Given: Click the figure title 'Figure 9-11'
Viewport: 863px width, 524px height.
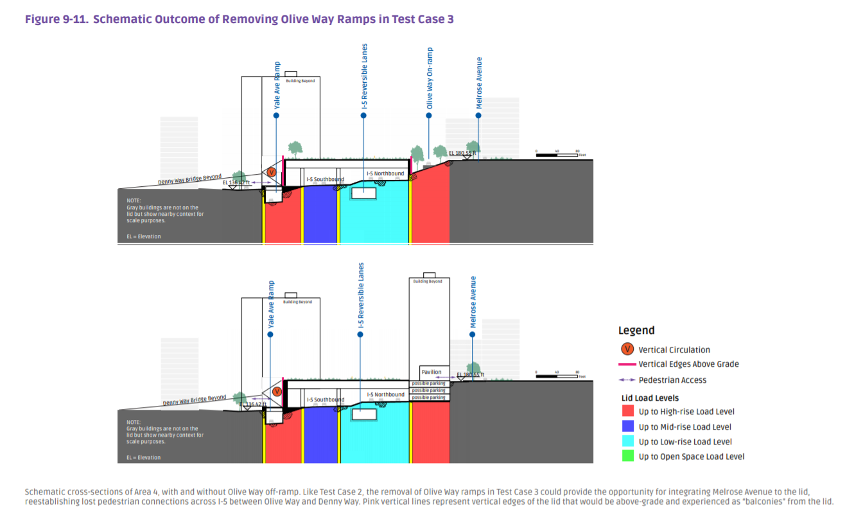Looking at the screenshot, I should coord(57,19).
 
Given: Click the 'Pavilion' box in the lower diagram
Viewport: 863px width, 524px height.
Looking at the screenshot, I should coord(431,372).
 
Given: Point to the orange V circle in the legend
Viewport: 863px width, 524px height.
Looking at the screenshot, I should coord(627,350).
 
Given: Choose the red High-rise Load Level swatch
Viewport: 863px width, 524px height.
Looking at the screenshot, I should coord(627,412).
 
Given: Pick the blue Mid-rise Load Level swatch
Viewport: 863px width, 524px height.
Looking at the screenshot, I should coord(627,426).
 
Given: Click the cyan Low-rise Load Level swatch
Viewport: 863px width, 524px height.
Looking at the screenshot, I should coord(627,442).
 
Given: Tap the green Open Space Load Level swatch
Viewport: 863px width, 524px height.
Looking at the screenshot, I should coord(627,457).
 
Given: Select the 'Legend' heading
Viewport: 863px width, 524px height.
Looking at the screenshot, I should coord(636,331).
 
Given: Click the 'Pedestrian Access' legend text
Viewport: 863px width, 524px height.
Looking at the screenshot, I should coord(672,380).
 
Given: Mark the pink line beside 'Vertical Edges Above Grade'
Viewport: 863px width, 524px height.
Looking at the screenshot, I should coord(627,364).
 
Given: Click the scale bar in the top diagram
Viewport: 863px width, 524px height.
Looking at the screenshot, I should coord(557,155).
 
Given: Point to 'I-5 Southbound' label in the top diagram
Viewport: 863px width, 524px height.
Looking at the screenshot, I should coord(325,179).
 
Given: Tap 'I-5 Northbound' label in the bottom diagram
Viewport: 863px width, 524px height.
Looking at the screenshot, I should coord(385,394).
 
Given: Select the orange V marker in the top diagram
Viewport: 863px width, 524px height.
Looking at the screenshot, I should coord(272,172).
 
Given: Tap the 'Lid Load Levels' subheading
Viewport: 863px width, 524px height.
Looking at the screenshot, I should coord(650,398).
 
